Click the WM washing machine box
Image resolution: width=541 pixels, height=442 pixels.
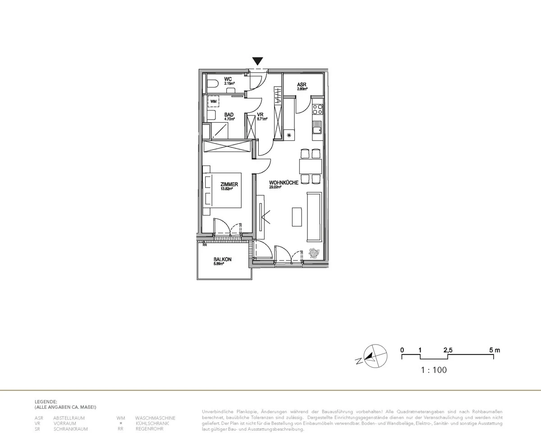213,101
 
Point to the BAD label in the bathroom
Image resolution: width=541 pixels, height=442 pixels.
229,115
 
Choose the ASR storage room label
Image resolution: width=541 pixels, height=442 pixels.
302,85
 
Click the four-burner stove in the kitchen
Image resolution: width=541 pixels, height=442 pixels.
317,109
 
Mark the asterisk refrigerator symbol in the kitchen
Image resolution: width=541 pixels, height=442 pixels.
289,134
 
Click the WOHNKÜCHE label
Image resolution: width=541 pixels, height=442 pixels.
284,182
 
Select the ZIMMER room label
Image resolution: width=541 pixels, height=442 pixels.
229,184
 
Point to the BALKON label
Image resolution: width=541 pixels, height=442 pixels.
222,259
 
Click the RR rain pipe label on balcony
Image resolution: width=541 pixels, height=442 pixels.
205,246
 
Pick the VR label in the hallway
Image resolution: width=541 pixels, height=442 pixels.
260,115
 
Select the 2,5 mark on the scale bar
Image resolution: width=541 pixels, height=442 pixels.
448,350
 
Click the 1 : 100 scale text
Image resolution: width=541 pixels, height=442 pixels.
433,370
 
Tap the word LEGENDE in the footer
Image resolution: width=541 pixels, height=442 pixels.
46,401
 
